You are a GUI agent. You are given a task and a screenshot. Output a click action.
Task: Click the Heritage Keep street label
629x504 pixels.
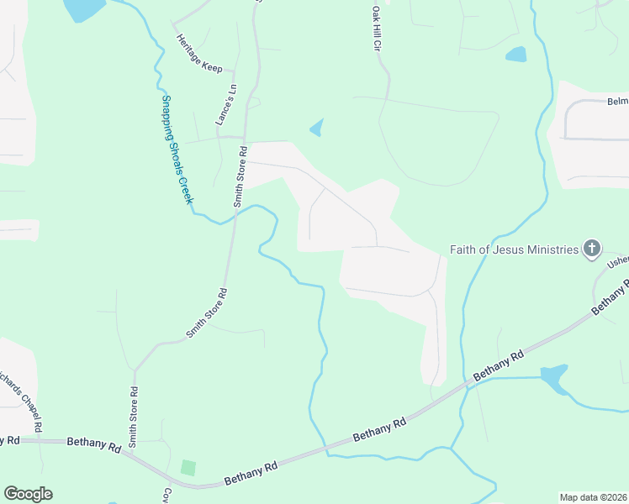point(199,52)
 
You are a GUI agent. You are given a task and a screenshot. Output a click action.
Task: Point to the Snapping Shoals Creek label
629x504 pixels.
point(177,150)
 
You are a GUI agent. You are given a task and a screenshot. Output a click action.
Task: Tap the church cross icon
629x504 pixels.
point(593,248)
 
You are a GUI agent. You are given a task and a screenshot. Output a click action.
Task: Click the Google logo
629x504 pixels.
point(28,494)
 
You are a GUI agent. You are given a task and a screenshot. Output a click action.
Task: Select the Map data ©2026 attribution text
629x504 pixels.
point(593,497)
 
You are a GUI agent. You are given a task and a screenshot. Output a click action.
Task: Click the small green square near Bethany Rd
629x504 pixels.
point(188,467)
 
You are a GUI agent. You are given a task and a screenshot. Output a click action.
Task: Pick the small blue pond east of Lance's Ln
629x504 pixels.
point(317,129)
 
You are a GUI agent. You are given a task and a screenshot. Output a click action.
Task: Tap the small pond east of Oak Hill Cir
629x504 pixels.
point(515,55)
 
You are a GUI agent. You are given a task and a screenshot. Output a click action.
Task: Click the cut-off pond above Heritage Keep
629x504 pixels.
point(84,8)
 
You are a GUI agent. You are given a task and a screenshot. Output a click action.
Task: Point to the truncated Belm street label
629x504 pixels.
point(617,101)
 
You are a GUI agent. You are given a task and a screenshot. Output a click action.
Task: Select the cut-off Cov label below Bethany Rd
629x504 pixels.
point(167,496)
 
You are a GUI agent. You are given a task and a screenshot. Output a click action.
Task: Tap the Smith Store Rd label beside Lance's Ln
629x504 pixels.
point(239,177)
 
